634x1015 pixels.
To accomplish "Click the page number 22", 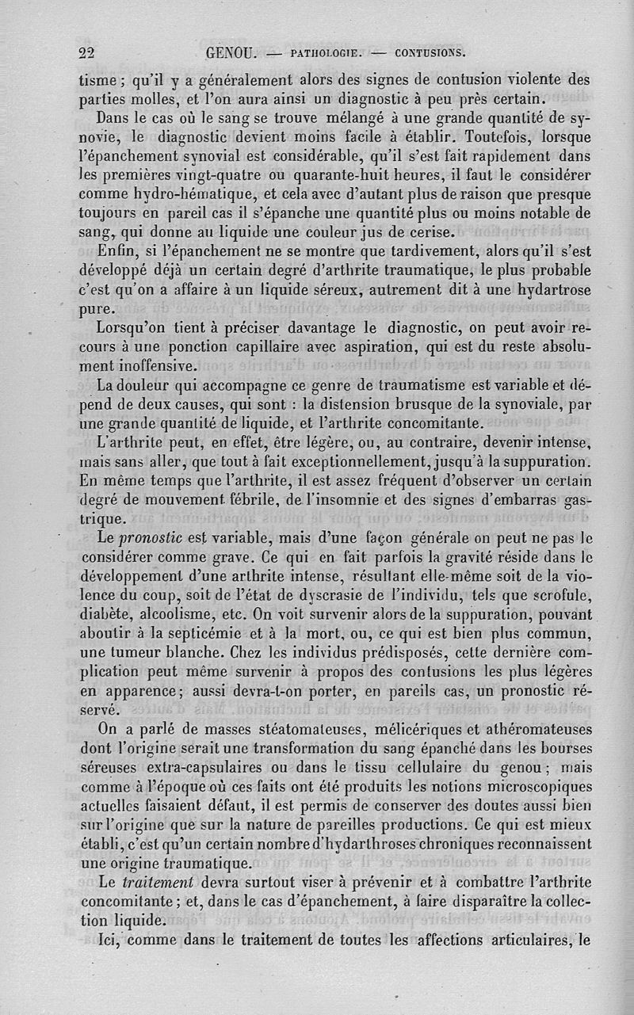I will pos(87,54).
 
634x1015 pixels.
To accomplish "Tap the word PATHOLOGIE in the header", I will pos(327,55).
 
